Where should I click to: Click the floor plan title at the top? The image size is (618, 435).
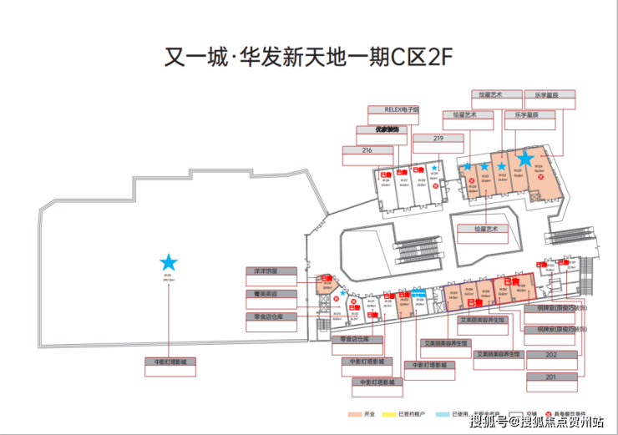pyautogui.click(x=308, y=59)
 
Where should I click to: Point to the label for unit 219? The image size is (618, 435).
pyautogui.click(x=438, y=139)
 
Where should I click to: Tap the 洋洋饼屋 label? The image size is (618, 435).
pyautogui.click(x=270, y=272)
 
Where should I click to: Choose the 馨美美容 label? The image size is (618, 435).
pyautogui.click(x=270, y=295)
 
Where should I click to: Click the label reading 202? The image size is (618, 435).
pyautogui.click(x=550, y=355)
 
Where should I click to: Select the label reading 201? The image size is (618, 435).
pyautogui.click(x=550, y=377)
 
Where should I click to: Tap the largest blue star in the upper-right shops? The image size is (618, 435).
pyautogui.click(x=524, y=157)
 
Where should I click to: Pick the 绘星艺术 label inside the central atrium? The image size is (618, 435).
pyautogui.click(x=481, y=228)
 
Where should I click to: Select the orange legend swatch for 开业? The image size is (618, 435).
pyautogui.click(x=355, y=415)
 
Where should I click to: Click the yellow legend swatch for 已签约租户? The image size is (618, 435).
pyautogui.click(x=387, y=415)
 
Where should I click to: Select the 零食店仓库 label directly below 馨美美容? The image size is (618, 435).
pyautogui.click(x=270, y=317)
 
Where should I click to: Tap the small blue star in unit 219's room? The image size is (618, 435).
pyautogui.click(x=434, y=169)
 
